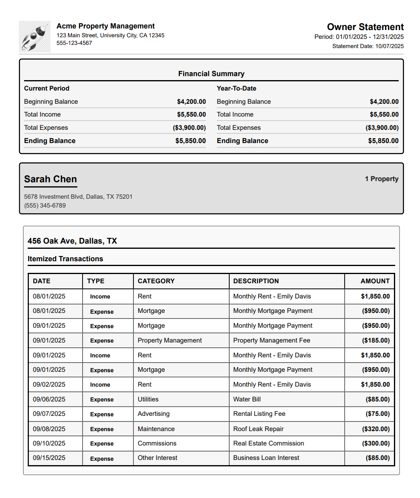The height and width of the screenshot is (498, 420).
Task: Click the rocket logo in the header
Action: coord(34,37)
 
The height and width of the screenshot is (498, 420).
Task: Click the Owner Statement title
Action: coord(365,27)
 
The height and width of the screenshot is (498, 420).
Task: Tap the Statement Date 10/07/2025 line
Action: coord(368,46)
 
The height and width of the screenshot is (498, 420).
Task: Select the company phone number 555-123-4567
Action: coord(74,43)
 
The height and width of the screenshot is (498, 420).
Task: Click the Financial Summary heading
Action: coord(211,74)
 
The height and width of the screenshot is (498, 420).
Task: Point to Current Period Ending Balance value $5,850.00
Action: coord(190,141)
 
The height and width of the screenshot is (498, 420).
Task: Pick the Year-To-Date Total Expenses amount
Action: coord(382,127)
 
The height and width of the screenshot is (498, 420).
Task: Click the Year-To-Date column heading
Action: coord(236,88)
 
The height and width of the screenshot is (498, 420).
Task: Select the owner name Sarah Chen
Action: coord(50,179)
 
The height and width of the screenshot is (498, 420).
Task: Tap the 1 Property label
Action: coord(382,179)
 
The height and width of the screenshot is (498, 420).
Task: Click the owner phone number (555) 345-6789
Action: coord(45,206)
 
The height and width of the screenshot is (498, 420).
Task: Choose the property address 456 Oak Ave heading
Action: coord(72,241)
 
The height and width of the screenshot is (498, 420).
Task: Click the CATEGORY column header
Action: coord(156,281)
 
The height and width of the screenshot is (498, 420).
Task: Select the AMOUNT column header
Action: coord(375,281)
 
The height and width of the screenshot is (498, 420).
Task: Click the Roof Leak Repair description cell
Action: coord(258,429)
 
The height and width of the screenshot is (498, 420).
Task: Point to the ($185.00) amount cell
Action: coord(376,340)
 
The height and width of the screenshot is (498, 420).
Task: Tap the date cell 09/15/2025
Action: coord(49,458)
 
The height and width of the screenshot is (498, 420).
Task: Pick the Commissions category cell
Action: coord(157,443)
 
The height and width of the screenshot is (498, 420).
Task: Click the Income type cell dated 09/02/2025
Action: coord(100,385)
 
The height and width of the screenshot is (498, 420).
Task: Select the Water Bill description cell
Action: coord(247,399)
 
